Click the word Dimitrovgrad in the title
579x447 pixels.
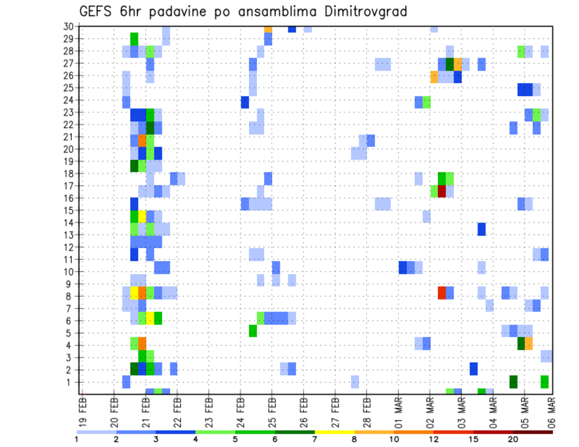[x=356, y=11]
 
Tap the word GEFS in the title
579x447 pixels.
[x=96, y=11]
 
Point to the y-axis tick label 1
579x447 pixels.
[x=71, y=382]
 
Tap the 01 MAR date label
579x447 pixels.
[x=398, y=408]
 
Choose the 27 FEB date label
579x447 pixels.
[x=335, y=408]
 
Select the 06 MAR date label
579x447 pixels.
[x=551, y=408]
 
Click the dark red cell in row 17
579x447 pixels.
[x=441, y=192]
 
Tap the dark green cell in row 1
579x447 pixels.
[x=513, y=382]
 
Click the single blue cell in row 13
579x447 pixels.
[x=481, y=229]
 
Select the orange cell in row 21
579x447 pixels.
[x=142, y=140]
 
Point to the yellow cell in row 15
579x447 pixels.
[x=142, y=216]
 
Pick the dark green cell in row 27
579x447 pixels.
[x=449, y=64]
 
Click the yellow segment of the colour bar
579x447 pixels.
[x=335, y=432]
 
